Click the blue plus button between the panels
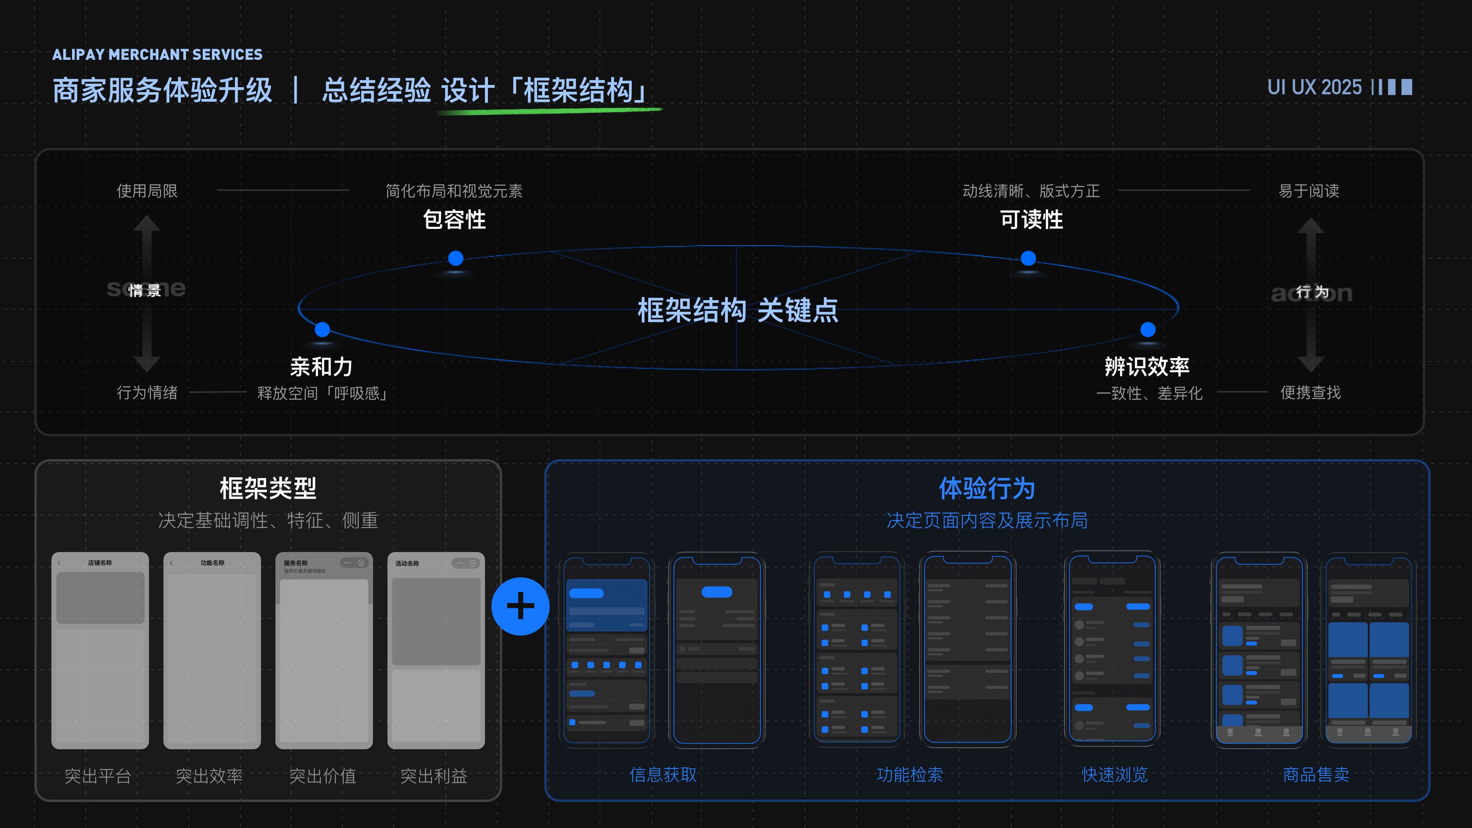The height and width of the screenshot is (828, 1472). (520, 606)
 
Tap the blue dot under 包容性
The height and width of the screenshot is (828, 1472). (455, 258)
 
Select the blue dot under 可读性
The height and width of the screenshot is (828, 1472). (1028, 258)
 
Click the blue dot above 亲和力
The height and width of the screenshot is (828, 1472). (322, 329)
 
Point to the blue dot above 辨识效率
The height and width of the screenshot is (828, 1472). (1147, 329)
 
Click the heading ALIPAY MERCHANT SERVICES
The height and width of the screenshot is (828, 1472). (157, 55)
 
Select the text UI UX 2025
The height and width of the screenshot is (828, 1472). (1314, 87)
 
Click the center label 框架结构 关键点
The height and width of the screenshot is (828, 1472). (738, 310)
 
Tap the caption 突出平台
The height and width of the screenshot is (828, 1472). (98, 775)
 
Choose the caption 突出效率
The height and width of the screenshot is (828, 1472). (209, 775)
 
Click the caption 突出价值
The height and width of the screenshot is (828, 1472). (322, 775)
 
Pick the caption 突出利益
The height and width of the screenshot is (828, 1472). (434, 775)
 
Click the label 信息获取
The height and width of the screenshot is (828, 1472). (663, 774)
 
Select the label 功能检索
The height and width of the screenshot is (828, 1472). (910, 774)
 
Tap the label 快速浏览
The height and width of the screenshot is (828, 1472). (1114, 774)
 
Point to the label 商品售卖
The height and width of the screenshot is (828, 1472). (1316, 774)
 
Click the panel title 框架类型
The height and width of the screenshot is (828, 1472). (268, 489)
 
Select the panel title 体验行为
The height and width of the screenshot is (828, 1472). (987, 489)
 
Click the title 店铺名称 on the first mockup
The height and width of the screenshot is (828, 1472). (100, 563)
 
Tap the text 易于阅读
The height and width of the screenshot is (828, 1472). (1309, 191)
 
